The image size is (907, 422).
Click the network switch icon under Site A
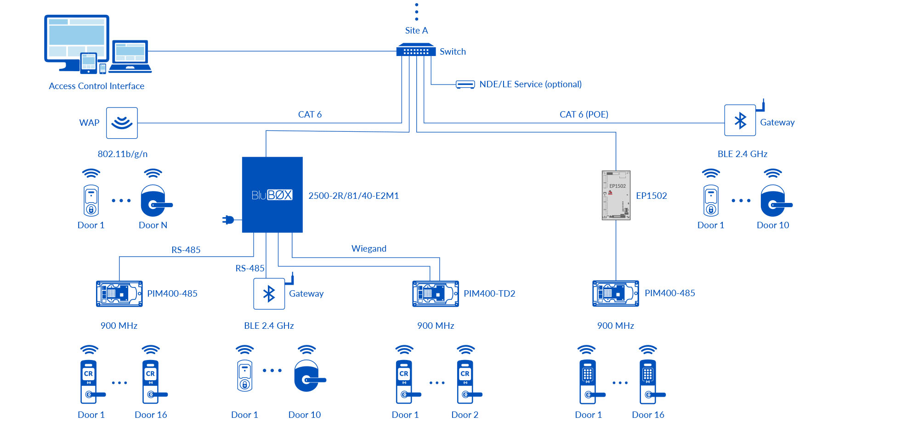coord(416,50)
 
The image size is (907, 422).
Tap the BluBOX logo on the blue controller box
coord(272,195)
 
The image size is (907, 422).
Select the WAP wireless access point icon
coord(122,123)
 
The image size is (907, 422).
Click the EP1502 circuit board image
coord(616,196)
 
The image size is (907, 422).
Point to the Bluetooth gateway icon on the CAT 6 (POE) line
coord(740,121)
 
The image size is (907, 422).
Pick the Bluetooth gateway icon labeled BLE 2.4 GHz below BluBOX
coord(269,294)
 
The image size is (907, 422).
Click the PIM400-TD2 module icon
coord(435,293)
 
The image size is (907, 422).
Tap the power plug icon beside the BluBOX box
coord(228,220)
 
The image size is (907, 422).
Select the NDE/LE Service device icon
coord(465,84)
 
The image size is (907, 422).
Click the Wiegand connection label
coord(368,248)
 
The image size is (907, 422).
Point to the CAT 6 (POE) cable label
coord(584,114)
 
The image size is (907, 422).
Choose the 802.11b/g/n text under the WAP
coord(122,154)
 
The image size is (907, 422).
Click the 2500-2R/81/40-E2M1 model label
coord(353,196)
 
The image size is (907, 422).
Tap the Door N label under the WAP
coord(153,225)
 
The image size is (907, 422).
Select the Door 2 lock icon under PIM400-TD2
coord(466,381)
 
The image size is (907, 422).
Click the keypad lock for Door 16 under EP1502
coord(648,381)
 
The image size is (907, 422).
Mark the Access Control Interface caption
coord(96,86)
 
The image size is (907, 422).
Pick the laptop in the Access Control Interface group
coord(130,56)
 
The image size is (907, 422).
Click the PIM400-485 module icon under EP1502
coord(615,293)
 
